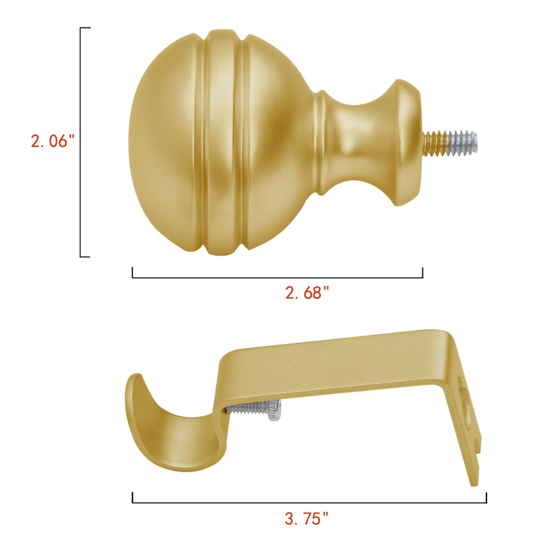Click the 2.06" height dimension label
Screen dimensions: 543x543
coord(53,142)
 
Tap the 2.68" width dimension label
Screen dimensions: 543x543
coord(307,293)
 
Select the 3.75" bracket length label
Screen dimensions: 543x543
coord(306,519)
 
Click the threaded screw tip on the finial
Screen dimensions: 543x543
coord(450,142)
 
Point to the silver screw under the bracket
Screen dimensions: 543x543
coord(253,410)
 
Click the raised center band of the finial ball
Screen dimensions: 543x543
coord(222,143)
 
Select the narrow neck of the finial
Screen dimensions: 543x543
coord(360,143)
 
